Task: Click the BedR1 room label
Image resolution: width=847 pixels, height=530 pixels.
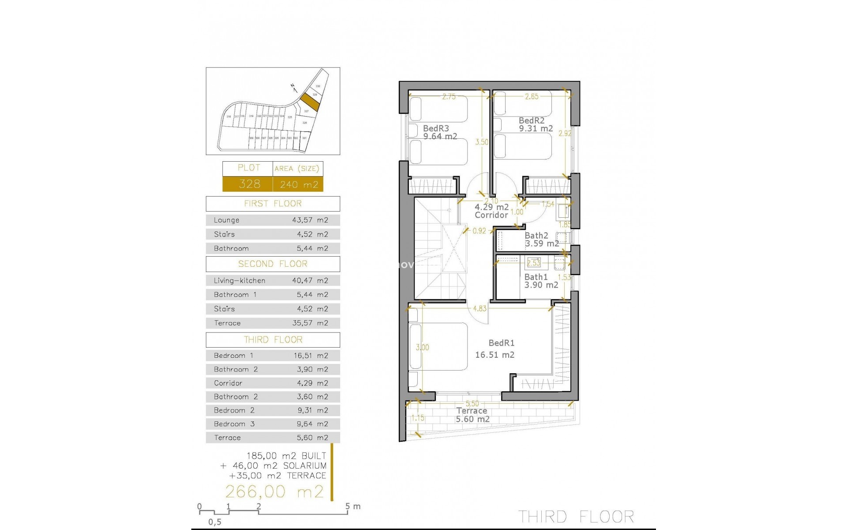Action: click(x=501, y=343)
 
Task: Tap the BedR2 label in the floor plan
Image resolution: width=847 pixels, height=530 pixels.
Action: click(x=531, y=121)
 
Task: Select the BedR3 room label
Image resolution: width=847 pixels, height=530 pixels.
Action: click(x=435, y=129)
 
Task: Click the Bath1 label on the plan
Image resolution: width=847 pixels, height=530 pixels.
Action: click(x=536, y=277)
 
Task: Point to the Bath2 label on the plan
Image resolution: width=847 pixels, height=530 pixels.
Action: click(x=536, y=236)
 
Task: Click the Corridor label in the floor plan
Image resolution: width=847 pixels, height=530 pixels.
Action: click(x=491, y=215)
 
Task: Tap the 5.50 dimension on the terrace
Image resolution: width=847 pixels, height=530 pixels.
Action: click(x=472, y=404)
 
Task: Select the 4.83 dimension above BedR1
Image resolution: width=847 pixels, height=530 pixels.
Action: click(x=480, y=309)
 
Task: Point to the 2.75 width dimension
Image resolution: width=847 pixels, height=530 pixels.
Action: click(x=449, y=97)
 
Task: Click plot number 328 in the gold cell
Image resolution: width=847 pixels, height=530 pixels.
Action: click(x=249, y=184)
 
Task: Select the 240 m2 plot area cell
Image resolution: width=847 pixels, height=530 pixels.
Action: click(x=299, y=185)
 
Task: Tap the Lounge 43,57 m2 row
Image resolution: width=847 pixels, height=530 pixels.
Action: click(x=273, y=220)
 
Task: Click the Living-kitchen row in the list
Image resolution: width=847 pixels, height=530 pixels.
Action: click(x=273, y=280)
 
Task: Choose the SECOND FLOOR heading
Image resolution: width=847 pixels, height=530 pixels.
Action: click(x=273, y=264)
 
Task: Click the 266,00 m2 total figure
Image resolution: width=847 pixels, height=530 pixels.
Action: click(x=274, y=492)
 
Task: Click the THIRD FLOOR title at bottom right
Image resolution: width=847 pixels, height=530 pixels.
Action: click(x=576, y=516)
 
